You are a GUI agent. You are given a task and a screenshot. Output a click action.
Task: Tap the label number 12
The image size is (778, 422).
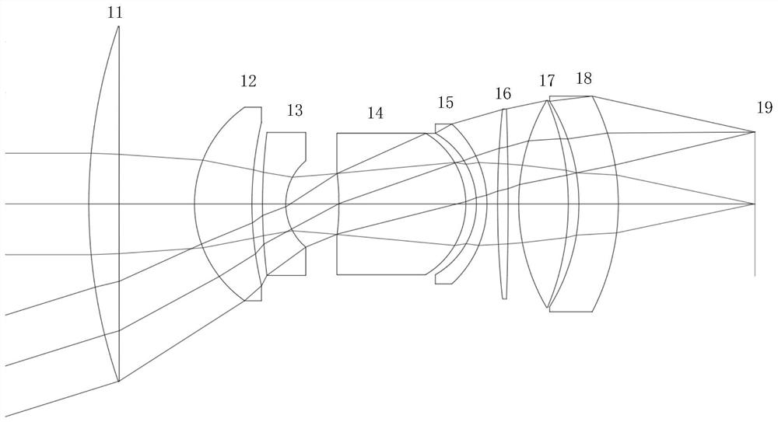tap(248, 81)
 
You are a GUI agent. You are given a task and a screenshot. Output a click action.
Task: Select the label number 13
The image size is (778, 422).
tap(295, 110)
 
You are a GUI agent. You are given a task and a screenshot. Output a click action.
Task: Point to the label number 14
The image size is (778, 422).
tap(375, 113)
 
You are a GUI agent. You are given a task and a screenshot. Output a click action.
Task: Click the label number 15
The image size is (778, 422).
tap(445, 103)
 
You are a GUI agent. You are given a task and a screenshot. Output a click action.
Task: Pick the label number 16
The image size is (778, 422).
tap(503, 94)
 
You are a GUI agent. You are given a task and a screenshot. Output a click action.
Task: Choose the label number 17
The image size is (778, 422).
tap(547, 81)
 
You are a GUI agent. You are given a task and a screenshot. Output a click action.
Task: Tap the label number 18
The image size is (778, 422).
tap(583, 78)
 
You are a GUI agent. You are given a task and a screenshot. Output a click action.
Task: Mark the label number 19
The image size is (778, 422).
tap(764, 108)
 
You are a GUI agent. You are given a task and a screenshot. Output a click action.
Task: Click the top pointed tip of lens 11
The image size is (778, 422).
tap(118, 26)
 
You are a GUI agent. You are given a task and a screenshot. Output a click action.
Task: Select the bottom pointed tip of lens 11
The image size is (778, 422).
tap(118, 382)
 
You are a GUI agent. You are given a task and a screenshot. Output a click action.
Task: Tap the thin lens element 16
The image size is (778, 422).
tap(504, 204)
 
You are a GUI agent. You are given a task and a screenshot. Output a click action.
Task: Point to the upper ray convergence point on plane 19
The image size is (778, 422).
tap(754, 131)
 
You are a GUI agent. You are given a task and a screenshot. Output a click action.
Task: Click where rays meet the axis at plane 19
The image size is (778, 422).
tap(754, 204)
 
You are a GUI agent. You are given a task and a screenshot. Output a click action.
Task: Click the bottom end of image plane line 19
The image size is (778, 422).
tap(754, 276)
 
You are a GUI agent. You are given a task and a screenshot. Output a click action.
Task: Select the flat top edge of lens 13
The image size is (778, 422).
tap(286, 133)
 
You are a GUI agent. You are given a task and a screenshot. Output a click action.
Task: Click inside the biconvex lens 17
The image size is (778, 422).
tap(545, 204)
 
